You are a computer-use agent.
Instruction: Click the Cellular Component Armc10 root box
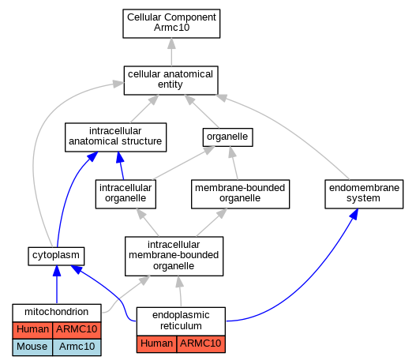(x=171, y=24)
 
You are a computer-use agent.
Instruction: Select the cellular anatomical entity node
(x=171, y=81)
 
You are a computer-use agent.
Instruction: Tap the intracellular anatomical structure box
(x=116, y=137)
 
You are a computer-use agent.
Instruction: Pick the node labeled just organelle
(x=227, y=137)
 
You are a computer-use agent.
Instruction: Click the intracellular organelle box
(x=126, y=194)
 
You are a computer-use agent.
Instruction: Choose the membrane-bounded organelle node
(x=241, y=194)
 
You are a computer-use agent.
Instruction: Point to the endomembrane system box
(x=364, y=194)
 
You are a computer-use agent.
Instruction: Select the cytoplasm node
(x=56, y=256)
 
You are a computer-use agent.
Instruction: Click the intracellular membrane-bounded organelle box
(x=174, y=256)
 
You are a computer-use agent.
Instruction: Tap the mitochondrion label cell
(x=57, y=313)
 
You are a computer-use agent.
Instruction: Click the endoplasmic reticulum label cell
(x=181, y=321)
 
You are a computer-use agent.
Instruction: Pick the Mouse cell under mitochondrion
(x=32, y=347)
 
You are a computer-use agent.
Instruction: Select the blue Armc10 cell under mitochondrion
(x=77, y=347)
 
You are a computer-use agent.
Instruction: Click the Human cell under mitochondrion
(x=32, y=330)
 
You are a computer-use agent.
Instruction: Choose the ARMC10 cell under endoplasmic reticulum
(x=201, y=344)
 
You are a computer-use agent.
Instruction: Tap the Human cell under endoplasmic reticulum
(x=156, y=344)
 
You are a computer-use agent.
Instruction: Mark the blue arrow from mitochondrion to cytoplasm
(x=57, y=284)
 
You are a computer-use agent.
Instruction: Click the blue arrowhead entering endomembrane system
(x=354, y=214)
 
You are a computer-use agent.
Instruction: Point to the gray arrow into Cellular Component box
(x=171, y=52)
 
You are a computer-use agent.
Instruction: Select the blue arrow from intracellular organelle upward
(x=121, y=166)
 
